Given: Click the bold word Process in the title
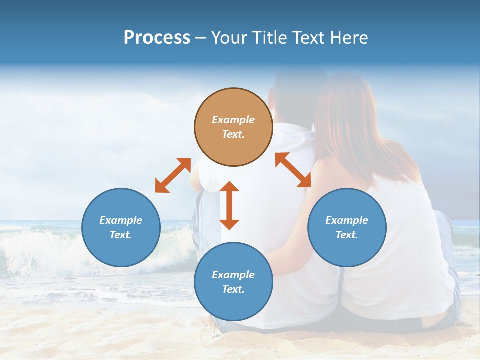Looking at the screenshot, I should [x=157, y=38].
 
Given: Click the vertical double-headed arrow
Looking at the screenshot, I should [x=229, y=205].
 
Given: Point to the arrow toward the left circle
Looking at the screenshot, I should [x=173, y=175].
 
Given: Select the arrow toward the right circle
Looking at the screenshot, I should [x=293, y=170].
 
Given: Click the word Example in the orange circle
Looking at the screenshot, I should [x=233, y=120].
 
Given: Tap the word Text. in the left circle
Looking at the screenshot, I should [x=121, y=235].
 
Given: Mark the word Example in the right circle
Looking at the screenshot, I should [x=347, y=220].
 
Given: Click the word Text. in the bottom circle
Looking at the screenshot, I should [x=233, y=289].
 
